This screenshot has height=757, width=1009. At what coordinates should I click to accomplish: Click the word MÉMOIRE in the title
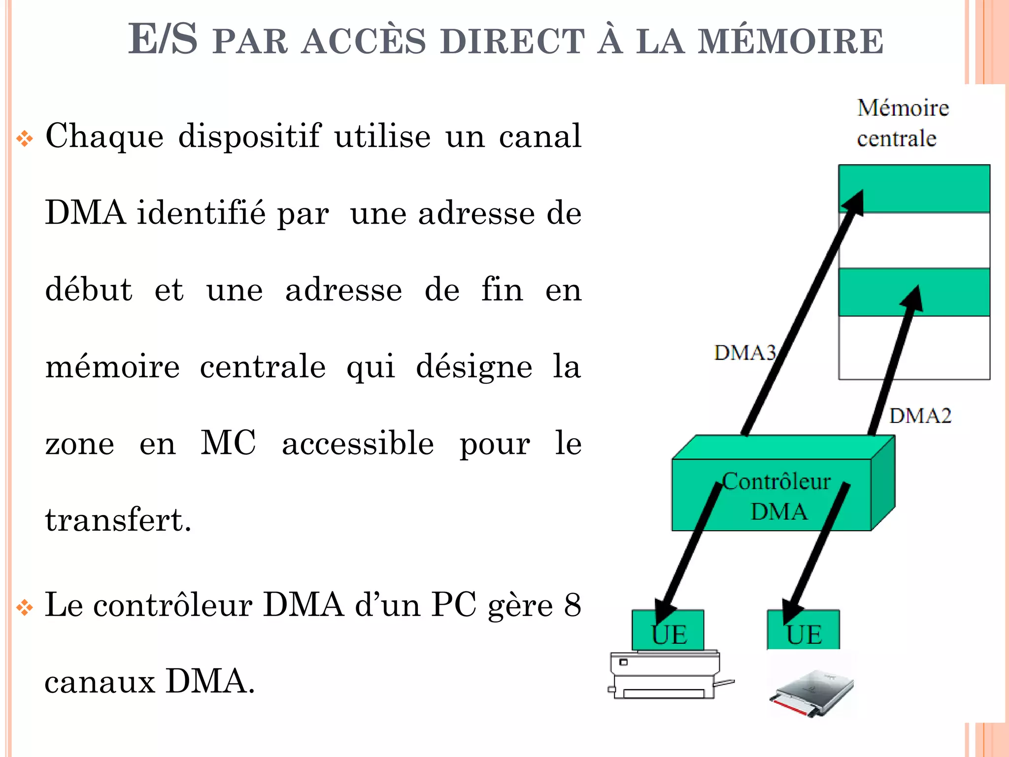tap(791, 41)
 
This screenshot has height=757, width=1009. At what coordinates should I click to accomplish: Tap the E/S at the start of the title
tap(163, 39)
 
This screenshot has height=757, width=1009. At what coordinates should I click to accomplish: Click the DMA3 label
tap(744, 353)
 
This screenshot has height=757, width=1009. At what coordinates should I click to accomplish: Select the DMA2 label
tap(920, 416)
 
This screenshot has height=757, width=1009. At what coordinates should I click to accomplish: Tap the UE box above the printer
tap(668, 631)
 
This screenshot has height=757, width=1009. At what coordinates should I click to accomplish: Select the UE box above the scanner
tap(803, 631)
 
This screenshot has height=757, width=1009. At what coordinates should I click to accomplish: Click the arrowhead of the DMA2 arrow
tap(913, 297)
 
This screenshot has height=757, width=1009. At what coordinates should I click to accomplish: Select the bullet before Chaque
tap(25, 138)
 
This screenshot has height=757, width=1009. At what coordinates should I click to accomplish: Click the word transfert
tap(117, 520)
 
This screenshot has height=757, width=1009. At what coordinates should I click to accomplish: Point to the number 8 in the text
tap(572, 605)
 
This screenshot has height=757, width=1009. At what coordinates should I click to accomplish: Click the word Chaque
tap(104, 137)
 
